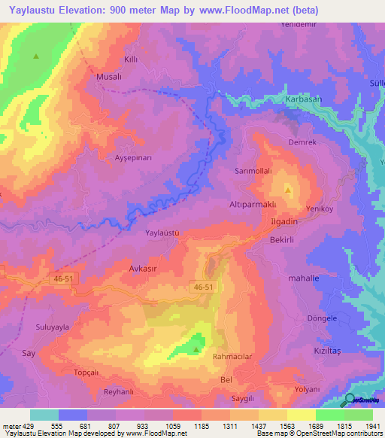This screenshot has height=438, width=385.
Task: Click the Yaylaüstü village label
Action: pyautogui.click(x=162, y=233)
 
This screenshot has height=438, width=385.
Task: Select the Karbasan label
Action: pyautogui.click(x=303, y=100)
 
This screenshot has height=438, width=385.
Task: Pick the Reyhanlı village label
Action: pyautogui.click(x=102, y=393)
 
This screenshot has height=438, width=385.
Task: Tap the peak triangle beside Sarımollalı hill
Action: pyautogui.click(x=288, y=189)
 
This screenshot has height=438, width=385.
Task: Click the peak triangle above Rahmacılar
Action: pyautogui.click(x=197, y=348)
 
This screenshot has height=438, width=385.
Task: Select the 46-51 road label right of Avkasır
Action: pyautogui.click(x=202, y=287)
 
